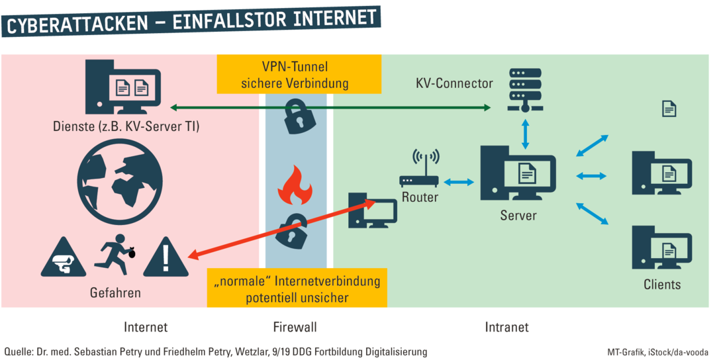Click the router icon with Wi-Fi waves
coord(419,170)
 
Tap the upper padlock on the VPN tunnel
coord(296,117)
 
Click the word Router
coord(420,197)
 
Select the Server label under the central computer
coord(518,216)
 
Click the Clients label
coord(661,285)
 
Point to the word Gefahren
coord(115,292)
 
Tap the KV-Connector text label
coord(454,83)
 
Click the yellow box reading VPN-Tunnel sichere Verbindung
coord(299,74)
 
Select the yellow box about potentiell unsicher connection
coord(297,289)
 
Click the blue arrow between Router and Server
coord(459,182)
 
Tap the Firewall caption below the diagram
coord(295,327)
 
